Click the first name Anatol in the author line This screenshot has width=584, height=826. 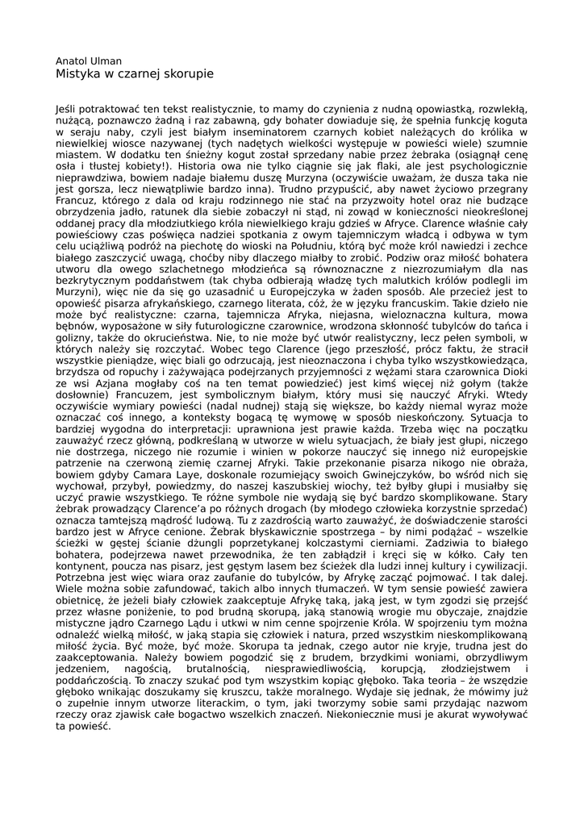71,60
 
